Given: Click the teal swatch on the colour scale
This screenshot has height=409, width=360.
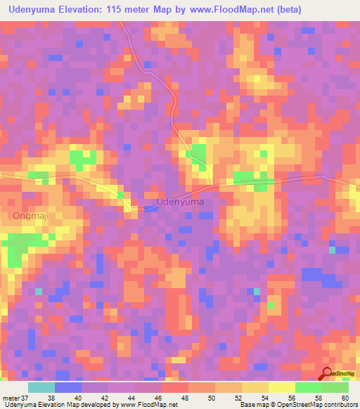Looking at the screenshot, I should (41, 387).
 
